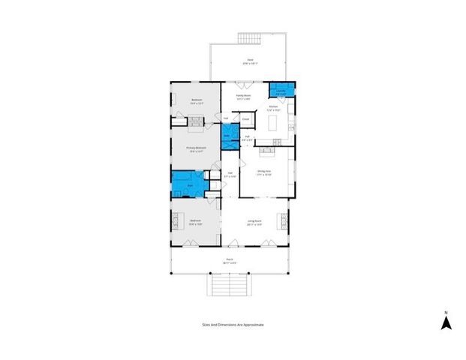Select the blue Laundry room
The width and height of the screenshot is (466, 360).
[x=281, y=91]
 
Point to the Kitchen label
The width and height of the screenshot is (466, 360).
[x=274, y=107]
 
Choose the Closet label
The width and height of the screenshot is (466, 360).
[x=245, y=120]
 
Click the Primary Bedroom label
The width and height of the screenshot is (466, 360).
[x=196, y=149]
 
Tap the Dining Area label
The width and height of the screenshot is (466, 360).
[x=264, y=172]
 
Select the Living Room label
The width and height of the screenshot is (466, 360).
[x=255, y=222]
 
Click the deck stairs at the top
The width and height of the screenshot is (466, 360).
[x=248, y=38]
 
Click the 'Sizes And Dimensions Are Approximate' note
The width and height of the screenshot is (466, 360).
[x=233, y=325]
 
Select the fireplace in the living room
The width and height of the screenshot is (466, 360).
[x=284, y=221]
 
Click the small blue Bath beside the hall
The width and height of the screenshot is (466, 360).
[x=226, y=136]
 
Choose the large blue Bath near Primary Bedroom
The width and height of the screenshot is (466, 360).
[x=188, y=184]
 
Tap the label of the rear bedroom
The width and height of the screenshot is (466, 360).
[x=197, y=101]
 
